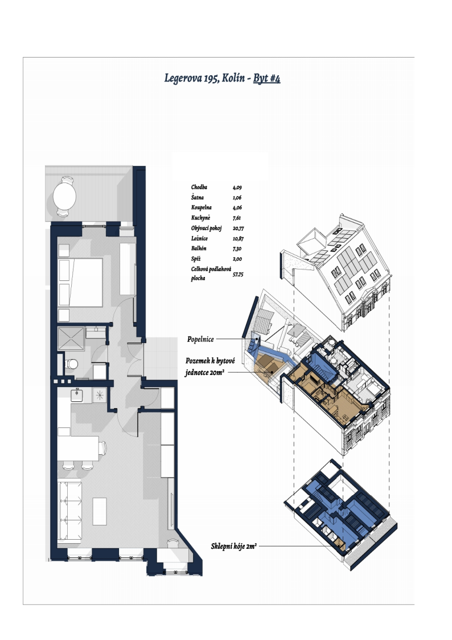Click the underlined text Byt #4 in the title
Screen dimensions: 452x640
[266, 78]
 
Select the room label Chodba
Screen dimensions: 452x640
[199, 187]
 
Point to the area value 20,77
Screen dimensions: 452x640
[238, 229]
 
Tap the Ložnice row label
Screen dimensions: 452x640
[199, 238]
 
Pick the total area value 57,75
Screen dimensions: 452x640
[237, 275]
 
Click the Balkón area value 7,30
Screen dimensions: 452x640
[237, 248]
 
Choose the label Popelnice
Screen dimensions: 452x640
[200, 339]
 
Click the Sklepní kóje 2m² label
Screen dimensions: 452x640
[234, 546]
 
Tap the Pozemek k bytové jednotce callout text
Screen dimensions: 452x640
[210, 366]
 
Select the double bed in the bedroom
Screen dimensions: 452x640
[80, 282]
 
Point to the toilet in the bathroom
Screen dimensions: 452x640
[72, 363]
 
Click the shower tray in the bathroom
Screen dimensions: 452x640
[71, 339]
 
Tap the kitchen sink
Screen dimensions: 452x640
[77, 395]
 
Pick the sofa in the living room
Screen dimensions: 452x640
[69, 511]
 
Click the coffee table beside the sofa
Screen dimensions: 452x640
[100, 511]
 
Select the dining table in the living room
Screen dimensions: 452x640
[78, 448]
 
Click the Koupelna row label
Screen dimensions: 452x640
[202, 207]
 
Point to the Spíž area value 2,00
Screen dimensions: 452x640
[237, 259]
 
